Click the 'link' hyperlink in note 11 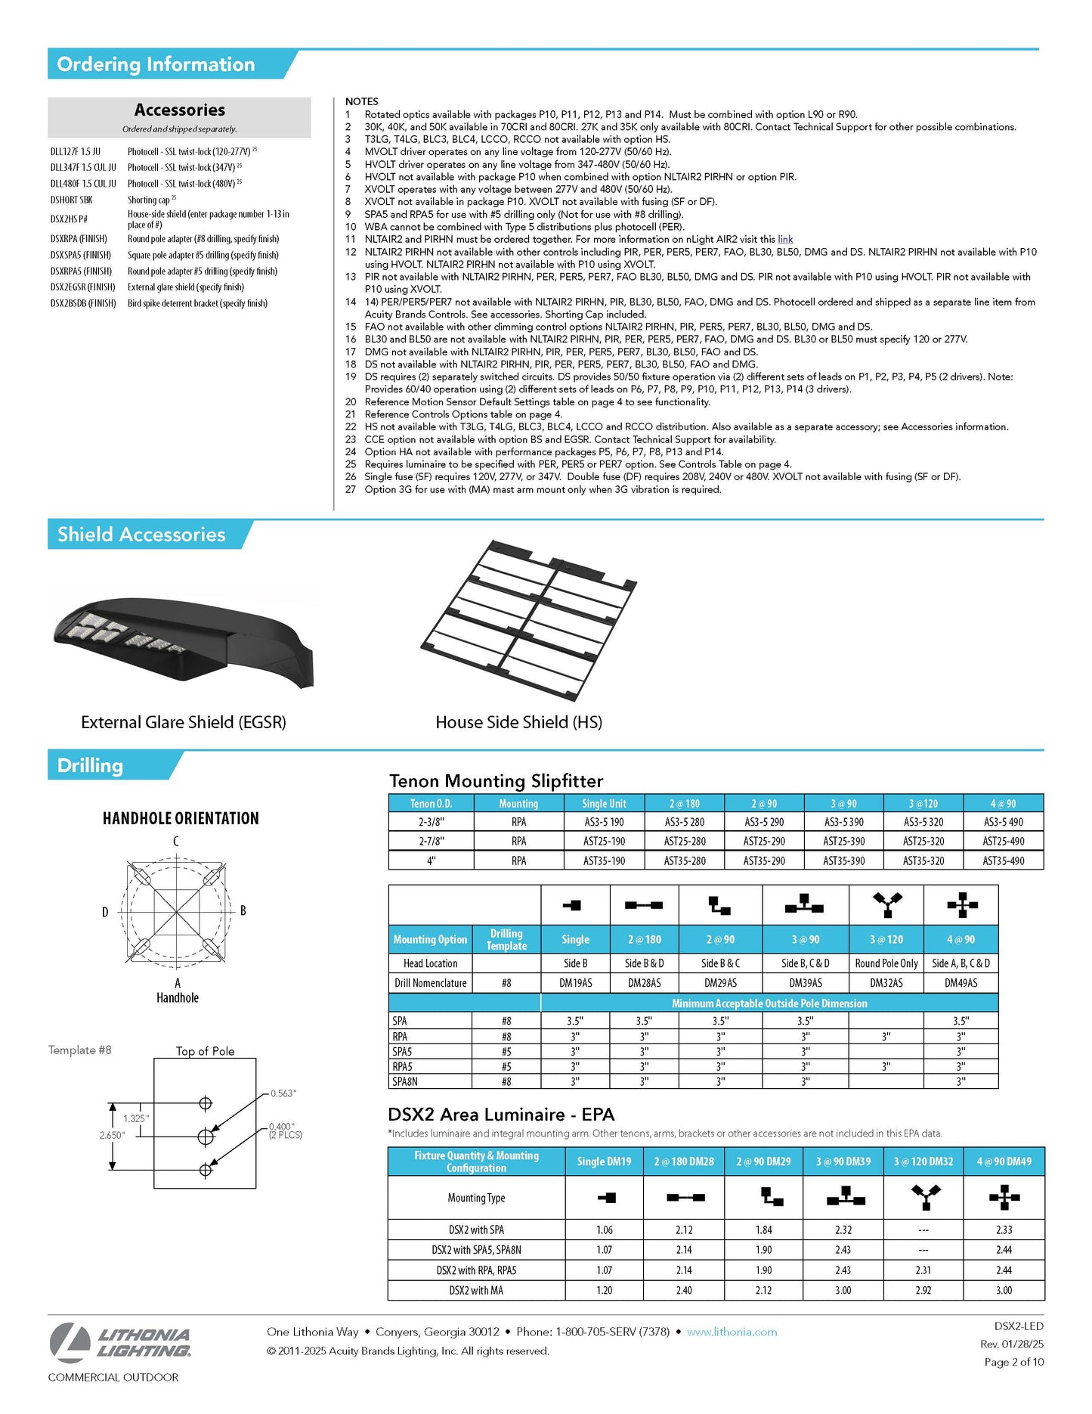coord(785,240)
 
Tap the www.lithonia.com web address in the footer coord(732,1332)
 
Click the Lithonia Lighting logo coord(121,1342)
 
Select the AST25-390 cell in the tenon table coord(843,841)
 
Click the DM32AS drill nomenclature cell coord(886,983)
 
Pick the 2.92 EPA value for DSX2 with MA coord(923,1291)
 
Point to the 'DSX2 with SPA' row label coord(476,1230)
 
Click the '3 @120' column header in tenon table coord(923,804)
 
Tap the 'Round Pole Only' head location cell coord(886,963)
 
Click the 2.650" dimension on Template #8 coord(112,1135)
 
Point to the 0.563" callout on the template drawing coord(283,1093)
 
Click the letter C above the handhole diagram coord(176,842)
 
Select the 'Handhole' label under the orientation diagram coord(178,998)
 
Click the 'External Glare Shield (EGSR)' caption coord(184,722)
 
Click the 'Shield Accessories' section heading coord(141,535)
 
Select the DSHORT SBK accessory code coord(72,200)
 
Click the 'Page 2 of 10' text coord(1013,1362)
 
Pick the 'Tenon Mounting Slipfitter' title coord(496,781)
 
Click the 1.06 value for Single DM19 coord(604,1230)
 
